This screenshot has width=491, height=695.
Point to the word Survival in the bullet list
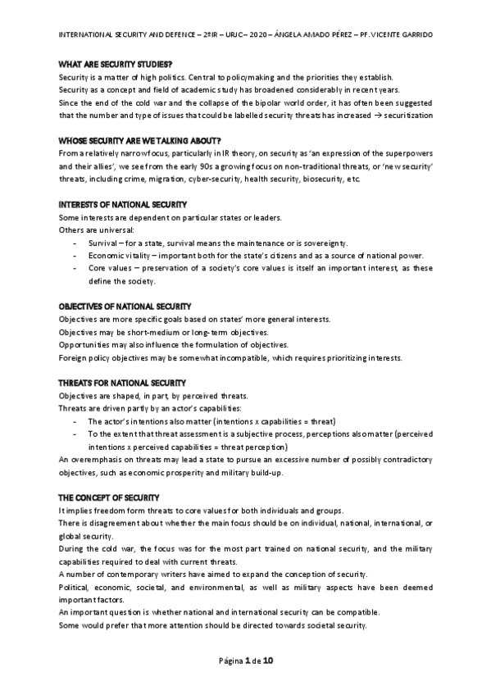(x=102, y=243)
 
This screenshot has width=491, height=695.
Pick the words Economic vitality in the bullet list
(x=118, y=256)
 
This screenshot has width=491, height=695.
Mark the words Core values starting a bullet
(x=108, y=269)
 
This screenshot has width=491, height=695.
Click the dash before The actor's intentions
(x=76, y=421)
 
